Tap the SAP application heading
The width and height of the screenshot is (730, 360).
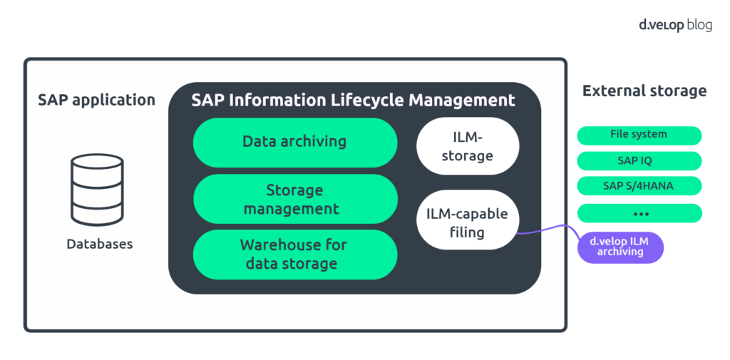click(96, 100)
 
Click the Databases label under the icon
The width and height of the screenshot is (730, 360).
click(100, 244)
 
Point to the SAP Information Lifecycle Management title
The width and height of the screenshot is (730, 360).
click(353, 100)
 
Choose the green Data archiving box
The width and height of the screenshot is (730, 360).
click(294, 142)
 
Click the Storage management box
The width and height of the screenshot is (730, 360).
click(294, 200)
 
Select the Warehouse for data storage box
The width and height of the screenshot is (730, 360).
click(294, 254)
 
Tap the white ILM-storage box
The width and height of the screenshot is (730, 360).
click(468, 146)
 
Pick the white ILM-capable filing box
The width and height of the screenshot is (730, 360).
click(468, 222)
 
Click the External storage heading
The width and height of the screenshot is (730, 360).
click(644, 91)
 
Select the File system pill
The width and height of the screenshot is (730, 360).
click(639, 135)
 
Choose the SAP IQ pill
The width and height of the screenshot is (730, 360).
click(639, 160)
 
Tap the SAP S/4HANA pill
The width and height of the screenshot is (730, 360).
click(639, 186)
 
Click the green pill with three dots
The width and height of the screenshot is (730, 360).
click(639, 213)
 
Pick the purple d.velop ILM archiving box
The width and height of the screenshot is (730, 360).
click(620, 247)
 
